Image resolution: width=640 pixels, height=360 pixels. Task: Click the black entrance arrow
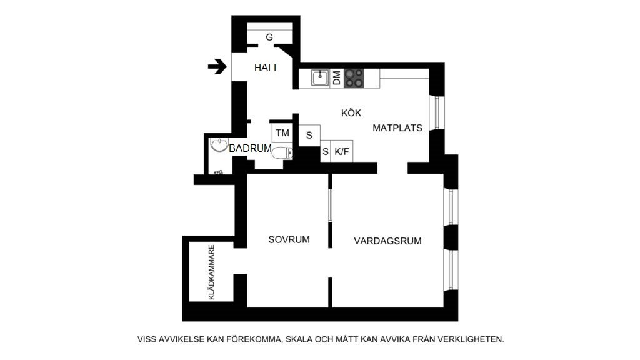click(217, 66)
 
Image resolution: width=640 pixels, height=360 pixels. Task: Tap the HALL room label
click(266, 68)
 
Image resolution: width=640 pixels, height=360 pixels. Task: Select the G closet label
click(269, 37)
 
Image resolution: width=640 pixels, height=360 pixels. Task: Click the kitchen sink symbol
click(319, 78)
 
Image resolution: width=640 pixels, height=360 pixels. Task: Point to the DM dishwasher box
click(336, 78)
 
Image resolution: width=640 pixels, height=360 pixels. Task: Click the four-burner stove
click(354, 77)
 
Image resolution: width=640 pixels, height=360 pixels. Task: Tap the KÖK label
click(351, 113)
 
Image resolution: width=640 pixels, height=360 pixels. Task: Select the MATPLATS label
click(397, 128)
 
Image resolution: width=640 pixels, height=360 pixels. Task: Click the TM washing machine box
click(282, 132)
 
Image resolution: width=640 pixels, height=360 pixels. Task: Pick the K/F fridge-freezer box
click(342, 151)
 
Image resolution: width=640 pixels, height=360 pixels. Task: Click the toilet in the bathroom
click(283, 152)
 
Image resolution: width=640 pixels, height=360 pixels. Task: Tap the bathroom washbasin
click(219, 146)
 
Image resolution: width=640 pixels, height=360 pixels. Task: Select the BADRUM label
click(250, 149)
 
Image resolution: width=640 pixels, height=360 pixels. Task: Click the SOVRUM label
click(289, 240)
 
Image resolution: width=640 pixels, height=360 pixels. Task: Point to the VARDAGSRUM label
click(387, 241)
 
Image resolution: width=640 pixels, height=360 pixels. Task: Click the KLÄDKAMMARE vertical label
click(212, 272)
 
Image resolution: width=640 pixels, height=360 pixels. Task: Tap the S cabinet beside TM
click(309, 134)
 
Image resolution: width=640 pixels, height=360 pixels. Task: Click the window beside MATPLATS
click(437, 112)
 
